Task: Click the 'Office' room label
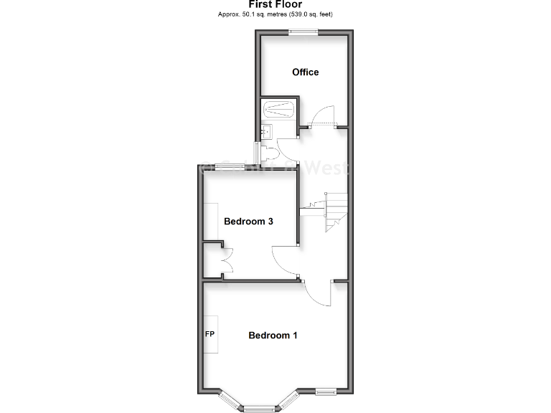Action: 305,72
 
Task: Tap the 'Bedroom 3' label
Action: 248,222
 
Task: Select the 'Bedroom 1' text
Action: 273,335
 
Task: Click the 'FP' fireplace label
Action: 211,335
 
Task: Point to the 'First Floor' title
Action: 275,4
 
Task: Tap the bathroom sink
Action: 265,131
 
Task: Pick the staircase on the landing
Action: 331,212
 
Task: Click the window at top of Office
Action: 304,31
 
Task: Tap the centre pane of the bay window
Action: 259,408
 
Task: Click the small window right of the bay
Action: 326,391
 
